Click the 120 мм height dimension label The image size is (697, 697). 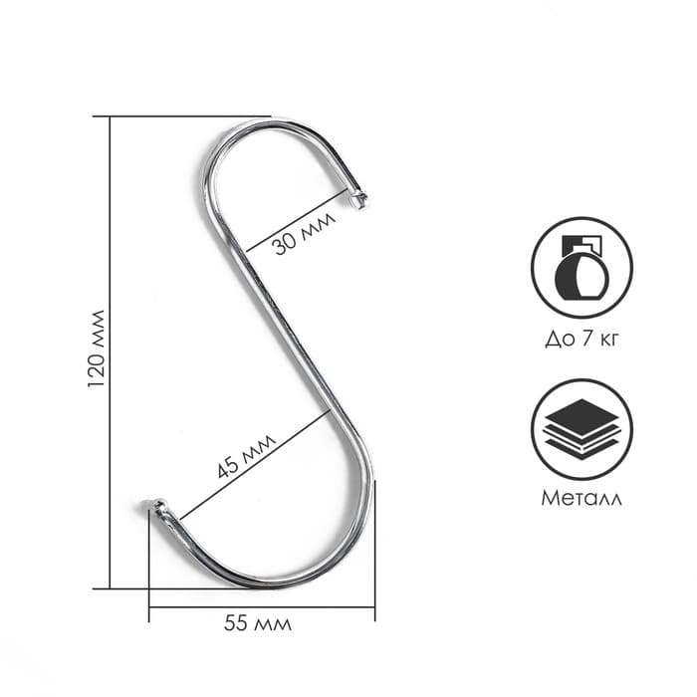[x=97, y=348]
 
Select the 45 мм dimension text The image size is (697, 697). [x=243, y=457]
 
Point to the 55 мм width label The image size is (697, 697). [x=257, y=624]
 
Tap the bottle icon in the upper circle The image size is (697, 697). [x=581, y=267]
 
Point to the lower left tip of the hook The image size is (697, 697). [x=156, y=508]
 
